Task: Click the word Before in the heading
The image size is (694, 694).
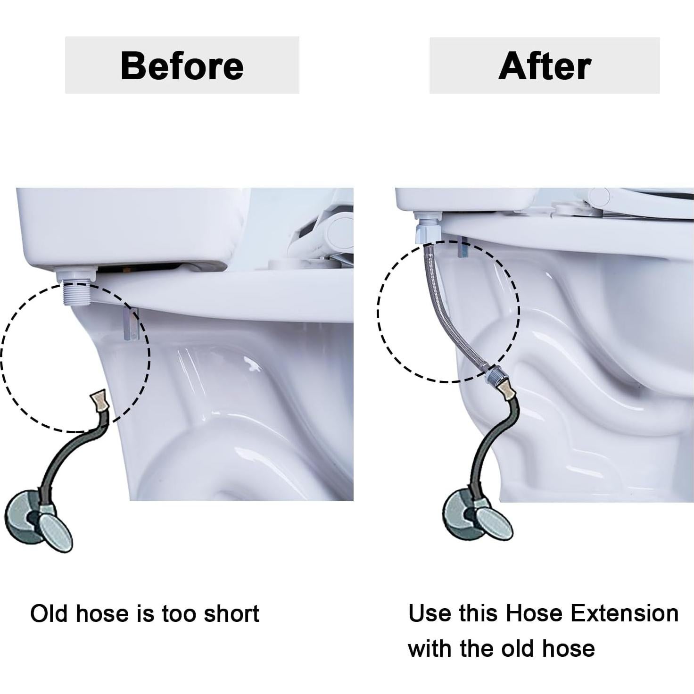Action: coord(182,66)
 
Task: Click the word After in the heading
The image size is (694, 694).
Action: coord(545,66)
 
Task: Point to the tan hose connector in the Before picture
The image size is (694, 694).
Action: coord(99,400)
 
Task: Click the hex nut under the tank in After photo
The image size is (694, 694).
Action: coord(427,231)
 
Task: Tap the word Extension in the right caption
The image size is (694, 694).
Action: coord(624,613)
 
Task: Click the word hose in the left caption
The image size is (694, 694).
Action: coord(102,614)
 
